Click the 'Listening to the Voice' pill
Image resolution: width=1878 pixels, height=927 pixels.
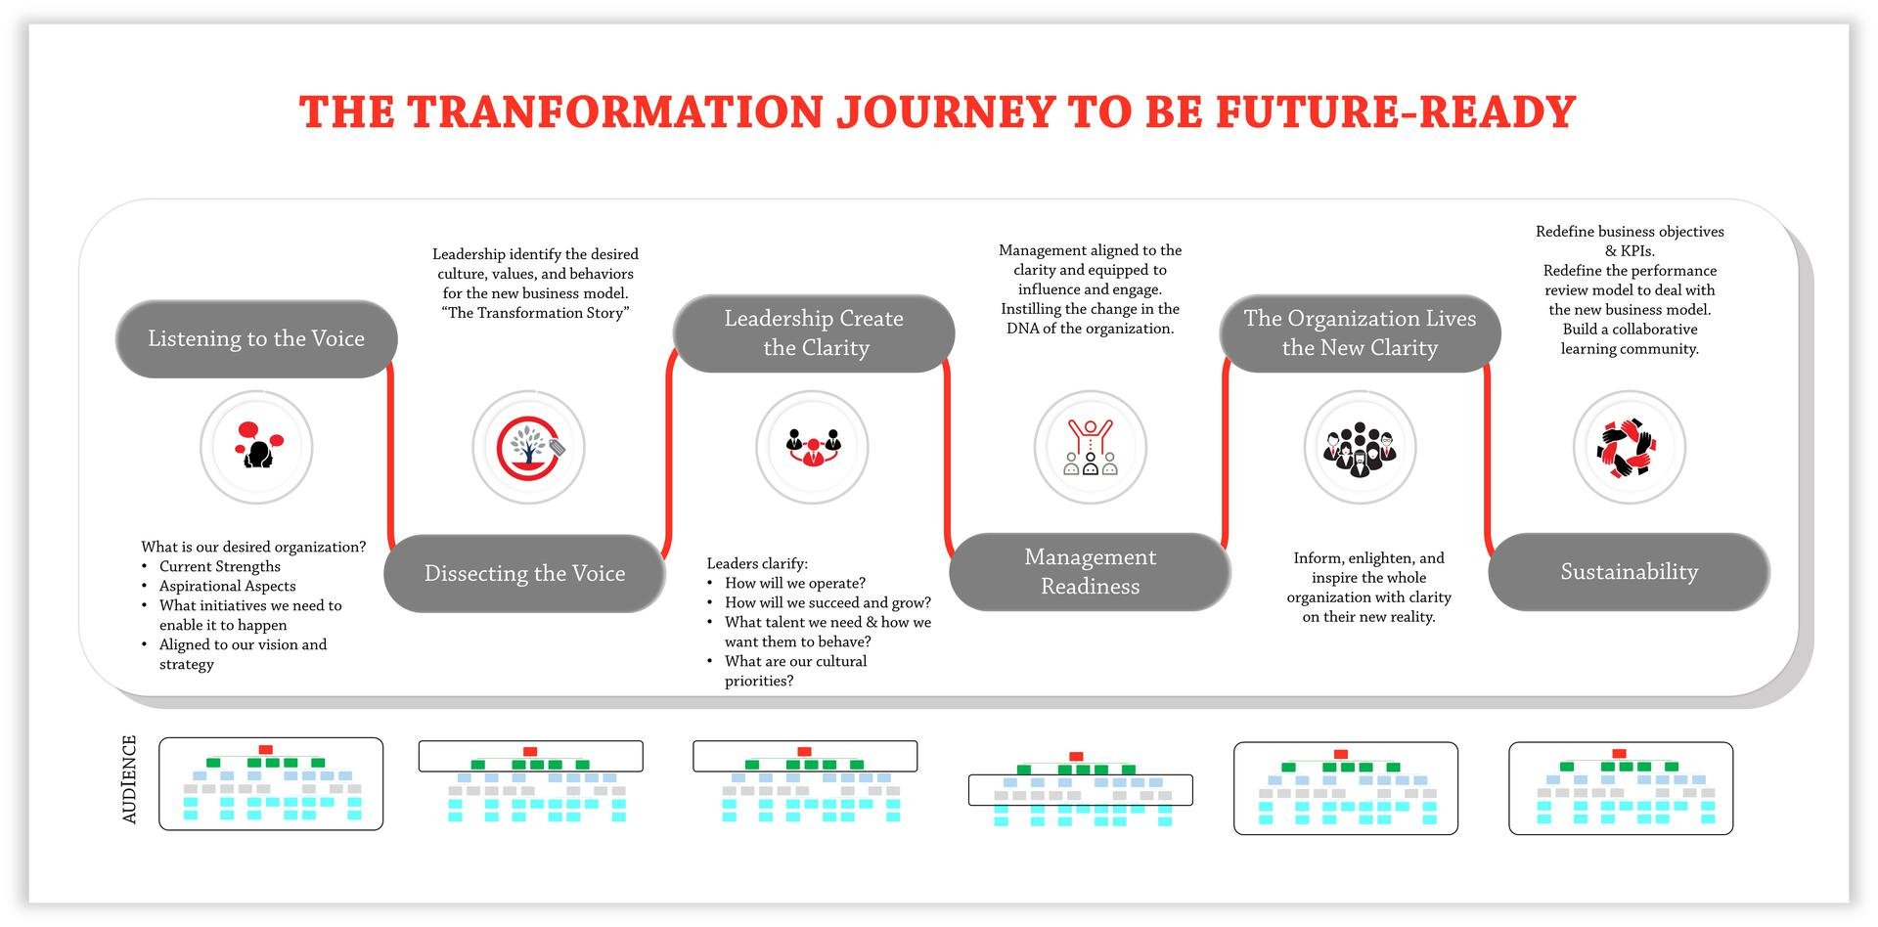tap(256, 339)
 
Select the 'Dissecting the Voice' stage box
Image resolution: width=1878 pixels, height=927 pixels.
tap(524, 574)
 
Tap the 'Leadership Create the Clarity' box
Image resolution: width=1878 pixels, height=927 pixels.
tap(814, 333)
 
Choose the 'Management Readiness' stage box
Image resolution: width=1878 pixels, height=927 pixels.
tap(1090, 572)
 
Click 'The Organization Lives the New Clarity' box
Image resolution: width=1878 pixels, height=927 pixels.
tap(1360, 333)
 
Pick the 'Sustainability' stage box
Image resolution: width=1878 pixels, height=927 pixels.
tap(1629, 572)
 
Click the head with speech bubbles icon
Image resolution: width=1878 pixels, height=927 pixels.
tap(257, 447)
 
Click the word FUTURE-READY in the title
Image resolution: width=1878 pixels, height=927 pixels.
tap(1396, 112)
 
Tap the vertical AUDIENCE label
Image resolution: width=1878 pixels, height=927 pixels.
tap(130, 779)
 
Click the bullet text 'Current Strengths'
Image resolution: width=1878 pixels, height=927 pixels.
tap(220, 567)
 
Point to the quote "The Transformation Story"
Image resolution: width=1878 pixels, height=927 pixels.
tap(535, 313)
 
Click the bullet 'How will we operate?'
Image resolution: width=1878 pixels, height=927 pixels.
tap(794, 584)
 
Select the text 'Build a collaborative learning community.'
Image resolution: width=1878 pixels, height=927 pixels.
tap(1629, 339)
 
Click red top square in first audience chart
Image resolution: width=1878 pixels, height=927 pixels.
tap(265, 750)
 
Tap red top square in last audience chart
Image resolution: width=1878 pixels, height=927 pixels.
tap(1619, 754)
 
